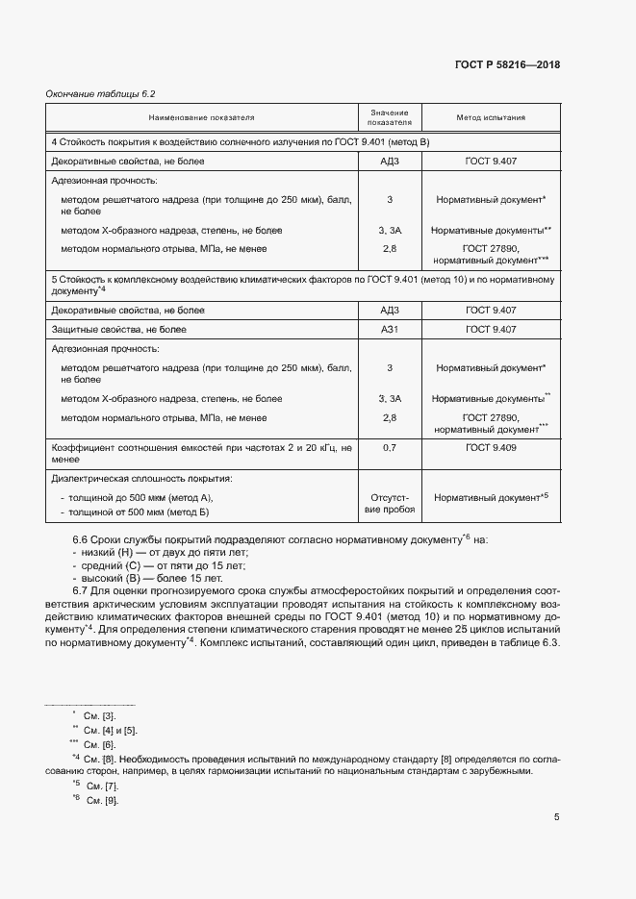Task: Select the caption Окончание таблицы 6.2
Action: click(x=101, y=94)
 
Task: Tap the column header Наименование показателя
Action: click(x=201, y=118)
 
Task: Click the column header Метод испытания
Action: click(x=491, y=118)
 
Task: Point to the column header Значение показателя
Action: click(x=390, y=118)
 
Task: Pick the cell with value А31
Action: click(x=390, y=329)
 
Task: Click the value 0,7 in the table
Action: click(x=390, y=448)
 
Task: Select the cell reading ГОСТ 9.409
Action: click(x=491, y=448)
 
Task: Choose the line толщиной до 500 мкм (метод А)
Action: click(x=139, y=497)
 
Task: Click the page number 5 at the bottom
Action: click(x=556, y=818)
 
